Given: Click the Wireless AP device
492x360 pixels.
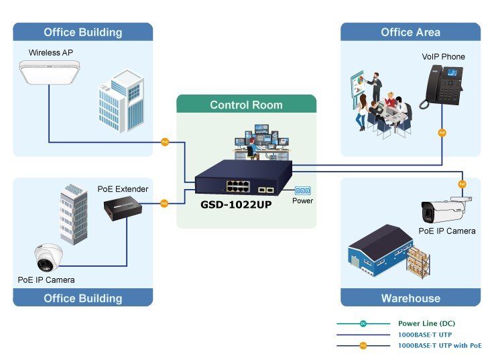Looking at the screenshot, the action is coord(49,72).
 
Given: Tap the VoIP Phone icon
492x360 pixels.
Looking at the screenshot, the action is coord(442,86).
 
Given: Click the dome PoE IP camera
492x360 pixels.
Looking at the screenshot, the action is coord(48,257).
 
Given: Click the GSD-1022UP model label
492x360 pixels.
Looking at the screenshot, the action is coord(236,204).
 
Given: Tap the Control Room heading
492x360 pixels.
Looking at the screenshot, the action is coord(246,105).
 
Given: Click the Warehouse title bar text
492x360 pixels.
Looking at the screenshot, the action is coord(411,298).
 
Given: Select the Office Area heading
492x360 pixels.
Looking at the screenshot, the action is coord(410,32).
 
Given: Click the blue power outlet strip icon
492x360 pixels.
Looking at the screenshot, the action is coord(302,190).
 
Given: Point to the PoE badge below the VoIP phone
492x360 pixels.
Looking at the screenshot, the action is coord(442,133).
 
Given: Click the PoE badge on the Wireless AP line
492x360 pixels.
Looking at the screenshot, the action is coord(165,142).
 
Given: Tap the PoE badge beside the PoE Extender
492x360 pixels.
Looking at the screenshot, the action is coord(164,203).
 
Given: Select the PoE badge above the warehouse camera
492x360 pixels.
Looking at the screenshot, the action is coord(462,184).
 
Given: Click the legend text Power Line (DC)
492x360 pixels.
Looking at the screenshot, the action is coord(426,323).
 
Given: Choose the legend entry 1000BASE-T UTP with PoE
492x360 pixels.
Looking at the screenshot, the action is coord(440,345).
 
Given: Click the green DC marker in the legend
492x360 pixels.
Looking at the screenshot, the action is coord(363,323).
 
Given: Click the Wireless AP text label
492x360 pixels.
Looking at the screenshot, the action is coord(51,52).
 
